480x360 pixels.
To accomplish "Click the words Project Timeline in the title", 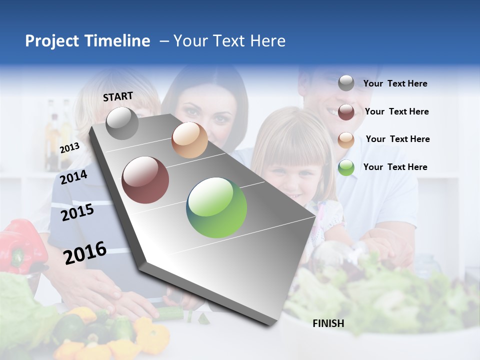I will [87, 41].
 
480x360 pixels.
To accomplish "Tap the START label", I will [118, 96].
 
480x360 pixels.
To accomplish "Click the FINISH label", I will [328, 323].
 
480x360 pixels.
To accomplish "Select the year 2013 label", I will [69, 148].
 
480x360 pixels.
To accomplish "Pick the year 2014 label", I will [73, 177].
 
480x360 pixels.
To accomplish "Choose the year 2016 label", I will [85, 252].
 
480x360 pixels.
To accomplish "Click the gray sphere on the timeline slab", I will [122, 123].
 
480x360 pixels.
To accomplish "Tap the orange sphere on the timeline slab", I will [189, 140].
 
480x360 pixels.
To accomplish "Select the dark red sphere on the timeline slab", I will [145, 180].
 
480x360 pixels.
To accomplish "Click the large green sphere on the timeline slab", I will [216, 207].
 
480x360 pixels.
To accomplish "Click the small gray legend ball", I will [346, 83].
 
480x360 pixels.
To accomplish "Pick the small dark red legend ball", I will [346, 111].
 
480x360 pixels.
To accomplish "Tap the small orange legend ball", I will [346, 139].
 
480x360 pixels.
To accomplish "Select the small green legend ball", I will [346, 167].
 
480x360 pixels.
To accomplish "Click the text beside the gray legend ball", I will [395, 84].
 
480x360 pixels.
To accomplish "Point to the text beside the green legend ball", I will [395, 167].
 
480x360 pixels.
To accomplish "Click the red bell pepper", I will [22, 245].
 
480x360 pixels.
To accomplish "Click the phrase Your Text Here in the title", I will [229, 41].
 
